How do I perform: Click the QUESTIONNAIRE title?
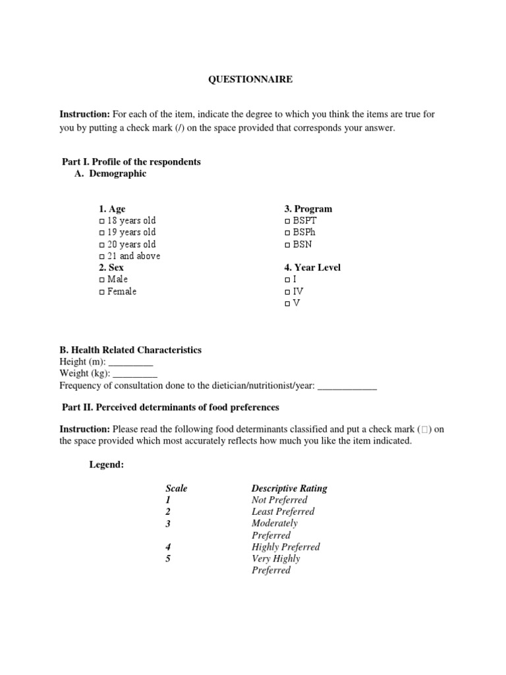click(250, 79)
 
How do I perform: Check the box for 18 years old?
click(101, 221)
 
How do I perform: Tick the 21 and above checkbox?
click(101, 256)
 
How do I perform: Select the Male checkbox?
click(101, 280)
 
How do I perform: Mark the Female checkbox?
click(101, 292)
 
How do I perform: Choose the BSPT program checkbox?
click(287, 221)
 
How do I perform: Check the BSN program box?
click(287, 245)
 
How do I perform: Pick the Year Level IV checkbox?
click(287, 292)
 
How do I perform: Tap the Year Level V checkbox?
click(287, 304)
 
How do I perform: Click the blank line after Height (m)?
click(130, 362)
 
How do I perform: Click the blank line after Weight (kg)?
click(134, 374)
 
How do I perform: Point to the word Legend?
click(106, 465)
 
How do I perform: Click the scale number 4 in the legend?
click(168, 547)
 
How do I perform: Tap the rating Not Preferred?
click(279, 500)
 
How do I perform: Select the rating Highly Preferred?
click(285, 547)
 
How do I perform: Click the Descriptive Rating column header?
click(289, 488)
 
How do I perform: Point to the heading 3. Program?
click(308, 209)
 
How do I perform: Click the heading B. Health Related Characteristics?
click(130, 350)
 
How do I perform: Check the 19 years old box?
click(101, 233)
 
